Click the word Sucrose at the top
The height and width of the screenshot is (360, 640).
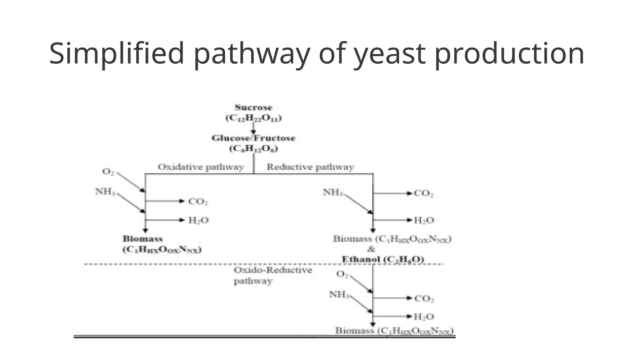tap(253, 108)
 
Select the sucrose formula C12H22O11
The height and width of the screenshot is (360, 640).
tap(253, 118)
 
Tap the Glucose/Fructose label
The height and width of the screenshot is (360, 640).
tap(253, 138)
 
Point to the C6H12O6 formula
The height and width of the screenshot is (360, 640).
tap(253, 148)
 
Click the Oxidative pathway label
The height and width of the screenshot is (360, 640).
tap(201, 167)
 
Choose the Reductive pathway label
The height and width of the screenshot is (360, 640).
tap(310, 167)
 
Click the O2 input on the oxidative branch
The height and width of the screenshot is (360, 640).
tap(108, 172)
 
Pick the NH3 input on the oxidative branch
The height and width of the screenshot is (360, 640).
tap(105, 191)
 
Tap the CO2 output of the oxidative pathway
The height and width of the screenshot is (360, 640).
tap(198, 202)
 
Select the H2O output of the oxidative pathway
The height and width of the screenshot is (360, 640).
tap(198, 221)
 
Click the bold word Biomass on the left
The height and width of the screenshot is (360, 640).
tap(142, 239)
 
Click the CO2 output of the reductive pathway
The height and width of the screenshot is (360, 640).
tap(423, 193)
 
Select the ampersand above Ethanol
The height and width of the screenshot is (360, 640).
tap(371, 249)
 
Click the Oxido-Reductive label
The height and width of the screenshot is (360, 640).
tap(273, 270)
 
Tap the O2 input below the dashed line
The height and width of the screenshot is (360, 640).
tap(342, 274)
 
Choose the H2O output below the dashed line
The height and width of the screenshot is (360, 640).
tap(424, 317)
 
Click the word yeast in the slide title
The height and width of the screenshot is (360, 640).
tap(390, 53)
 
